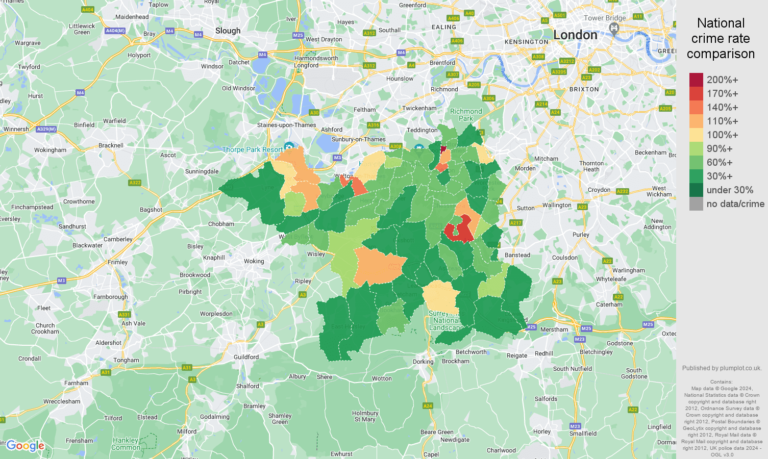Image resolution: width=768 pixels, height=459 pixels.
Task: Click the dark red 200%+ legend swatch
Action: click(x=696, y=80)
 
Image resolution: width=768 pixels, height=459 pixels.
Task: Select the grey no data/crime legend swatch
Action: click(x=696, y=204)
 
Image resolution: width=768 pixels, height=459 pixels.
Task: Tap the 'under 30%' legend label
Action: click(x=730, y=190)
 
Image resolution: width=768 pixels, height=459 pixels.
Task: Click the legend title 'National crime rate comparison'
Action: click(x=721, y=38)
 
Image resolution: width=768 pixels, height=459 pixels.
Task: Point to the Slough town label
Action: click(x=228, y=31)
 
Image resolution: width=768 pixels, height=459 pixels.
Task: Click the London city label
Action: click(x=575, y=35)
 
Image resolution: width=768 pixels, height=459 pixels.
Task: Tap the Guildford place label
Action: click(x=246, y=357)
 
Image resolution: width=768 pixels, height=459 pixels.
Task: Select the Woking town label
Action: click(x=254, y=261)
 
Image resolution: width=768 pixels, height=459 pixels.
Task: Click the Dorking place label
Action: click(x=423, y=362)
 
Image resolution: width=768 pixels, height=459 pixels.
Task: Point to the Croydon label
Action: click(x=599, y=190)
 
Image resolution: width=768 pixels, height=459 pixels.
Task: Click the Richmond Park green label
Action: click(x=465, y=115)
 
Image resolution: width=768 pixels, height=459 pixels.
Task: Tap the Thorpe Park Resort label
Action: click(x=252, y=149)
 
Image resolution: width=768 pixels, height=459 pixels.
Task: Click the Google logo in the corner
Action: click(x=26, y=446)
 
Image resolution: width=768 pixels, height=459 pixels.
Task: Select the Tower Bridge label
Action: click(x=604, y=18)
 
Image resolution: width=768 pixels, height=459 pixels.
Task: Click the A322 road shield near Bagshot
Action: click(x=135, y=183)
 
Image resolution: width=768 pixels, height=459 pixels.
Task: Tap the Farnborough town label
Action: click(x=111, y=297)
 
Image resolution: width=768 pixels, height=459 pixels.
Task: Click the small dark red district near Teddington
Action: click(x=443, y=149)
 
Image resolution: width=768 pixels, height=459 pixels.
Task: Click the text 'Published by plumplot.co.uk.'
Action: click(x=722, y=368)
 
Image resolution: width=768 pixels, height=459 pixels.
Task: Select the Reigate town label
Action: click(x=517, y=355)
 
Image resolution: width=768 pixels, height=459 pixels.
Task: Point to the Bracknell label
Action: click(x=111, y=145)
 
